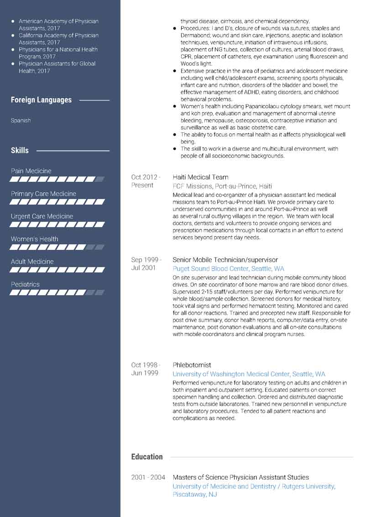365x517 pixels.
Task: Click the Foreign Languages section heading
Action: pyautogui.click(x=41, y=100)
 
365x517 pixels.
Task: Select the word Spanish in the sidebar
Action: pyautogui.click(x=21, y=121)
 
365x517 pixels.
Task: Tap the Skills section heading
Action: pyautogui.click(x=20, y=150)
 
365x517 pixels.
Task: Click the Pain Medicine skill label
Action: pyautogui.click(x=31, y=171)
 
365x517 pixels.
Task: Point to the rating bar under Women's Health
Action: pyautogui.click(x=57, y=247)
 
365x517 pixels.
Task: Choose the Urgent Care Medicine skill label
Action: pyautogui.click(x=42, y=216)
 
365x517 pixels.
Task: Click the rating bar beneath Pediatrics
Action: pyautogui.click(x=57, y=292)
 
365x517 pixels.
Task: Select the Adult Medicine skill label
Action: pyautogui.click(x=32, y=261)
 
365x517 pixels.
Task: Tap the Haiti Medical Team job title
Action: pyautogui.click(x=200, y=177)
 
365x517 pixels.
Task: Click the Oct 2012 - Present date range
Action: pyautogui.click(x=146, y=181)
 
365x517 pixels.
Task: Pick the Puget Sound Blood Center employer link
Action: pyautogui.click(x=228, y=269)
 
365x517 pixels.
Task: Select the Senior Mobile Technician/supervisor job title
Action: pyautogui.click(x=225, y=260)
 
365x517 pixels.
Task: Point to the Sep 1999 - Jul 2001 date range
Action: pyautogui.click(x=146, y=264)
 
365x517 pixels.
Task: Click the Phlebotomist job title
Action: pyautogui.click(x=192, y=365)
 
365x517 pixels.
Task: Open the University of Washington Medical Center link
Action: pyautogui.click(x=249, y=374)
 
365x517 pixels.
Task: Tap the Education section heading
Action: pyautogui.click(x=147, y=457)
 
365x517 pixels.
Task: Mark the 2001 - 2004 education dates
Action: pyautogui.click(x=148, y=477)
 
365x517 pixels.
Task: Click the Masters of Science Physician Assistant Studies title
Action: pyautogui.click(x=240, y=477)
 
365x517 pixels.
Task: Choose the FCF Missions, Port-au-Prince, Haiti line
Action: pyautogui.click(x=222, y=186)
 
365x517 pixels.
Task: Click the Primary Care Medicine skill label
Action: pyautogui.click(x=43, y=194)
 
